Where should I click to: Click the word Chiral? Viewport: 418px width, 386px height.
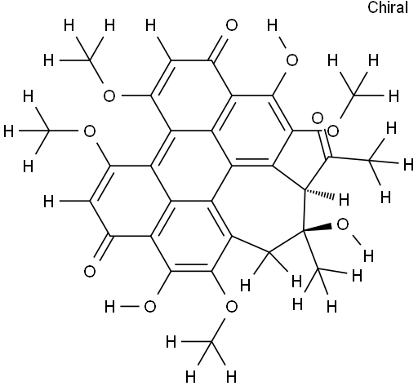tap(388, 7)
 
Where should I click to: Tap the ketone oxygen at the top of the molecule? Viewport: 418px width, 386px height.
tap(232, 25)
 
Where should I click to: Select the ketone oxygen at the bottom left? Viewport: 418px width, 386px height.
tap(90, 272)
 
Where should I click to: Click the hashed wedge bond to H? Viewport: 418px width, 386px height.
tap(319, 193)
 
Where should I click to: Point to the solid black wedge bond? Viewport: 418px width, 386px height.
tap(318, 228)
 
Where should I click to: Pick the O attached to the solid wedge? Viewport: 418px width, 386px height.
tap(342, 224)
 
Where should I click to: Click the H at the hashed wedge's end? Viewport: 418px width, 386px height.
tap(344, 200)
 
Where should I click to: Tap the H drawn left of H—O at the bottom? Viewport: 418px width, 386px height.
tap(109, 307)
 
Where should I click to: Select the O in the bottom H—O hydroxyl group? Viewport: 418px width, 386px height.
tap(150, 307)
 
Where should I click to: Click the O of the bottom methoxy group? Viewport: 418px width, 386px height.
tap(232, 307)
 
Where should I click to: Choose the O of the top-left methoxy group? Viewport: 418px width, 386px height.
tap(109, 96)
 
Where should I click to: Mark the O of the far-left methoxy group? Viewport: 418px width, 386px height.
tap(90, 131)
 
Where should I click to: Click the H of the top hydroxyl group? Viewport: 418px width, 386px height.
tap(273, 25)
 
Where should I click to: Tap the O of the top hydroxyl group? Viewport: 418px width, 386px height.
tap(292, 60)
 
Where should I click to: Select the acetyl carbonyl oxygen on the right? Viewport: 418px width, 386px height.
tap(333, 131)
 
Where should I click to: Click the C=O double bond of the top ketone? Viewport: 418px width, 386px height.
tap(218, 49)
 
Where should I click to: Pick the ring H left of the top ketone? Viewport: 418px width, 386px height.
tap(150, 25)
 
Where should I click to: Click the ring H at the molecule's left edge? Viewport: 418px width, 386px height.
tap(49, 202)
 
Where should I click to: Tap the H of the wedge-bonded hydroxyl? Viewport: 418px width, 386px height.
tap(368, 256)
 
